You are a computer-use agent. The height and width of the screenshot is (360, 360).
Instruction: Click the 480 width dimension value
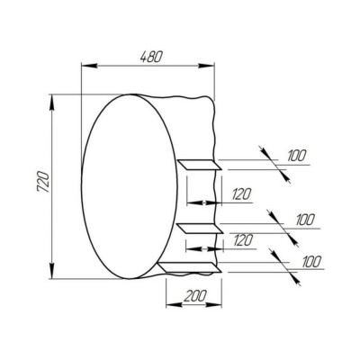(x=151, y=57)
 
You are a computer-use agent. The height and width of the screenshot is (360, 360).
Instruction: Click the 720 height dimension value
(x=42, y=181)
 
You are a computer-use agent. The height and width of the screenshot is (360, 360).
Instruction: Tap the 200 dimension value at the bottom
(x=195, y=296)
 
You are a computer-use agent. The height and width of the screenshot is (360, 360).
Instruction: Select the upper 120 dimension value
(x=241, y=194)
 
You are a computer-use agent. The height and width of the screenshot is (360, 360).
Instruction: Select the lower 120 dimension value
(x=243, y=240)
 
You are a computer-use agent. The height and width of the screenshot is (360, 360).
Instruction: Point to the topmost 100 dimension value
(x=296, y=156)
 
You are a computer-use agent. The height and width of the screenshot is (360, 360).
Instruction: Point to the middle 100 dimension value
(x=305, y=220)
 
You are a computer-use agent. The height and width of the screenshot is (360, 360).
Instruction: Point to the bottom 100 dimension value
(x=312, y=262)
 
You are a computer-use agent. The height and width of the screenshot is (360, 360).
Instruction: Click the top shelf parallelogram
(x=200, y=165)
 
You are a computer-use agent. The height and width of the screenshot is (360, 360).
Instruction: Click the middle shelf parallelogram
(x=201, y=229)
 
